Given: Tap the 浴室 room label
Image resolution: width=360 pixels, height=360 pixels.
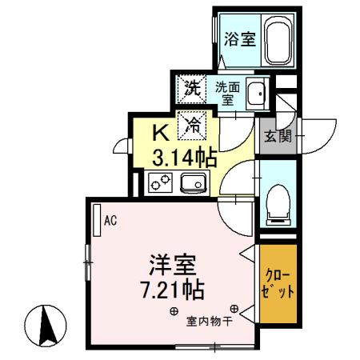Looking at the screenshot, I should pos(239,38).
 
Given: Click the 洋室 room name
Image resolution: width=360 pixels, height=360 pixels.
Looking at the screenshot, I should pos(173,263).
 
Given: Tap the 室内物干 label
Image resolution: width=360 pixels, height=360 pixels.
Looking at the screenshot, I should pos(210,322).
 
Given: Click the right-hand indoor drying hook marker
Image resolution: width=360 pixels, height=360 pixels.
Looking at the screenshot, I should pos(234,308).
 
